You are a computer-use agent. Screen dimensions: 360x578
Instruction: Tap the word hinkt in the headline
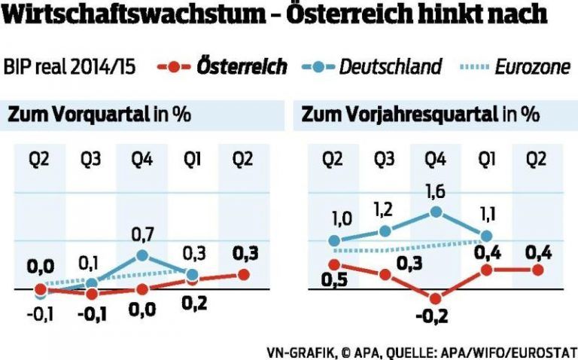click(x=463, y=17)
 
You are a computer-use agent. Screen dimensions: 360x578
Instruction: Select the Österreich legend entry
click(x=242, y=67)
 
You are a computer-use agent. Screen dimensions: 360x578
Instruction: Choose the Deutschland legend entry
click(x=390, y=67)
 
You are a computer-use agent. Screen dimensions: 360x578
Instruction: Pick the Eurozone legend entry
click(x=531, y=67)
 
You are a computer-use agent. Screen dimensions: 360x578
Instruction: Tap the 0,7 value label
click(x=141, y=235)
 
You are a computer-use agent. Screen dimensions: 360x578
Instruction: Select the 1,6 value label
click(x=434, y=192)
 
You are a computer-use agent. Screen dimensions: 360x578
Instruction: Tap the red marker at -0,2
click(x=436, y=296)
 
